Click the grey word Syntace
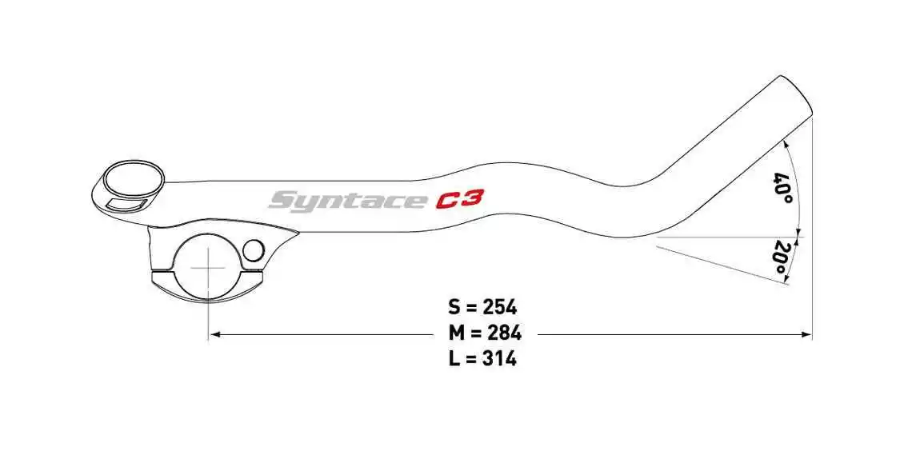[346, 199]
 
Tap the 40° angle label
[783, 188]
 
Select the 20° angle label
[778, 257]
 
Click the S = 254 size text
[483, 307]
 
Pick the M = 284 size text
[483, 333]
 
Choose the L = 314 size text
[483, 359]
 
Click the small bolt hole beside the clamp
[253, 251]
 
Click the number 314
[500, 359]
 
